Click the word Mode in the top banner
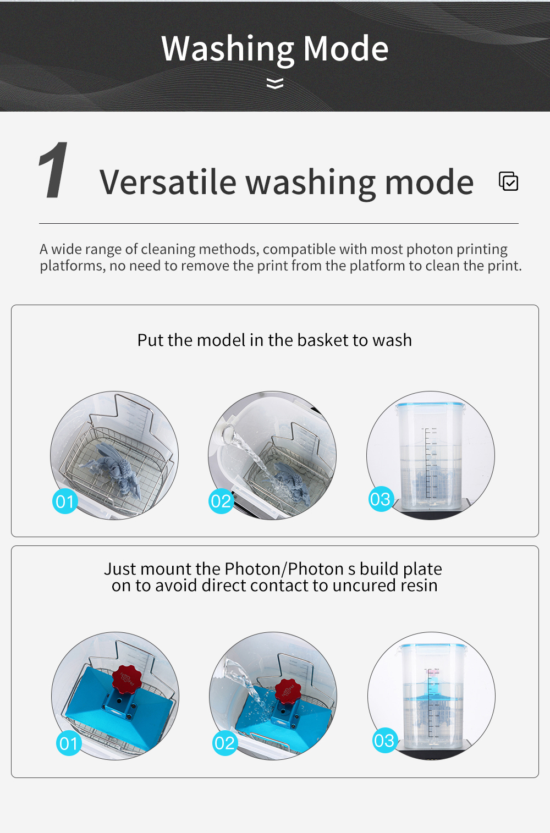click(345, 48)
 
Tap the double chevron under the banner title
click(275, 83)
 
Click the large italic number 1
click(54, 170)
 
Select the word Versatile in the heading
click(168, 182)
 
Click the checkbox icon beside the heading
click(508, 181)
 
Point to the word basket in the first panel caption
click(323, 340)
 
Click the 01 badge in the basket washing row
click(65, 501)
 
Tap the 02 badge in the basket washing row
click(221, 501)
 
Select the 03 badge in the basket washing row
click(381, 499)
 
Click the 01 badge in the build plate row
click(69, 743)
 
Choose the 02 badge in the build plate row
click(224, 743)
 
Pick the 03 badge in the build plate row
click(384, 741)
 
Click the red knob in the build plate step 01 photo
click(127, 679)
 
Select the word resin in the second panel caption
click(419, 586)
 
